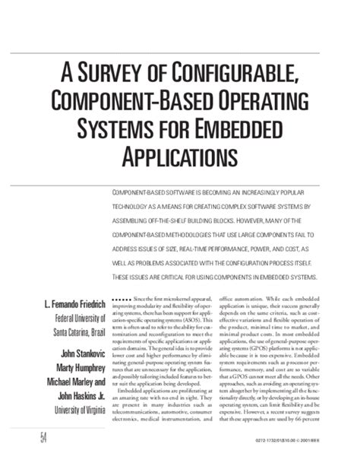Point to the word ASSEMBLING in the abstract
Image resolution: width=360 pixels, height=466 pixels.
coord(134,219)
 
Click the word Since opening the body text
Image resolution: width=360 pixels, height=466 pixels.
coord(141,301)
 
